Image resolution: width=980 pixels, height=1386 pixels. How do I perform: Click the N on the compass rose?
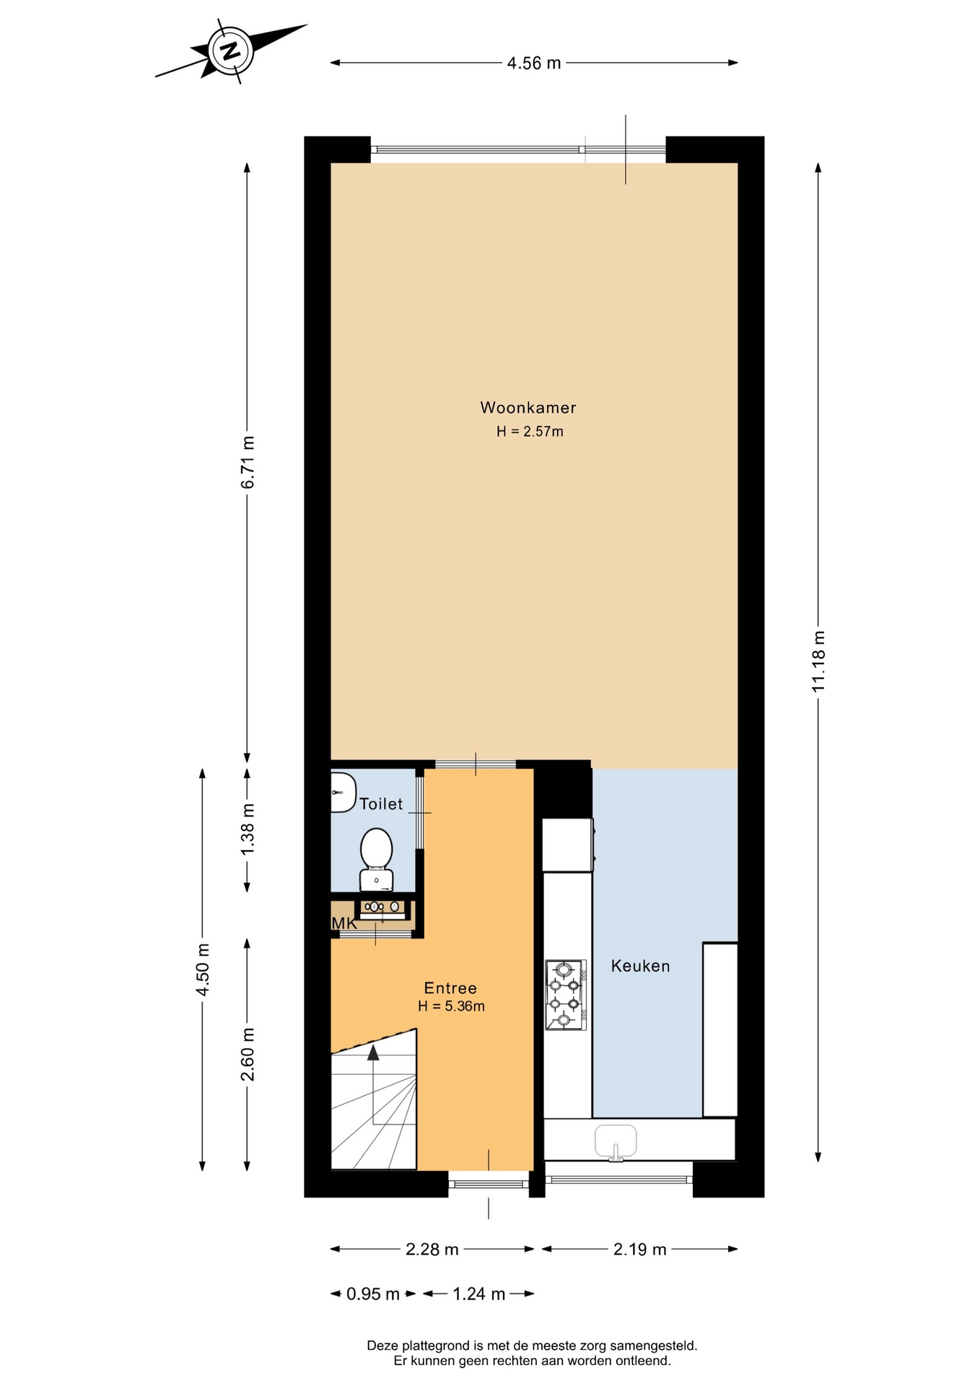(231, 51)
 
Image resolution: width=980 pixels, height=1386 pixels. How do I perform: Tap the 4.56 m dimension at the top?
(534, 63)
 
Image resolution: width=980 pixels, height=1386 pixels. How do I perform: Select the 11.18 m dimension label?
(818, 661)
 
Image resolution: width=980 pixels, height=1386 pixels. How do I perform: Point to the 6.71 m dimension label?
(248, 463)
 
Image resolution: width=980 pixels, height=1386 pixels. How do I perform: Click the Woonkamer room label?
(528, 408)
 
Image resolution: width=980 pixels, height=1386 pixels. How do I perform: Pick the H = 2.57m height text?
(530, 432)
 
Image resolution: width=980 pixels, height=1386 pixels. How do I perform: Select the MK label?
(344, 923)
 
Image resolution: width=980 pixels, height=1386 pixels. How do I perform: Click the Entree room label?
(450, 988)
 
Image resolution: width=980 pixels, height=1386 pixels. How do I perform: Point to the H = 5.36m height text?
(451, 1006)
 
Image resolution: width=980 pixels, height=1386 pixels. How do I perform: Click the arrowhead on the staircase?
(373, 1052)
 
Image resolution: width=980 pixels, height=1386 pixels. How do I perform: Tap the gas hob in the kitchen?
(566, 995)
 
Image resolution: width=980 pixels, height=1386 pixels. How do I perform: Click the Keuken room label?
(641, 966)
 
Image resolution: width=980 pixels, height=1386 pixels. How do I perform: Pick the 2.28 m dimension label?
(432, 1250)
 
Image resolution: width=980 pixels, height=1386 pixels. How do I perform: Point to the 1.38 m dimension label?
(248, 829)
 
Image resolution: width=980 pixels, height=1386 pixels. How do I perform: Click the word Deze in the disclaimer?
(382, 1346)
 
